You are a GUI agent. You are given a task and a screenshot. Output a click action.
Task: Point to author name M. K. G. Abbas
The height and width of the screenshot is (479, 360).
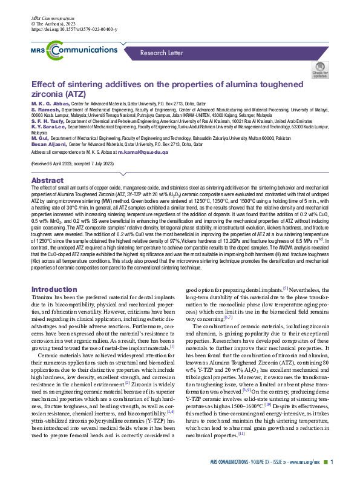click(47, 104)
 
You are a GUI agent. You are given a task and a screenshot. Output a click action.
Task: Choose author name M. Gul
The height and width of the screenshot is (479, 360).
click(40, 138)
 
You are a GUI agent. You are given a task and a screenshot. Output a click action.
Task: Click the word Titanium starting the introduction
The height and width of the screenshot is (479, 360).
click(45, 299)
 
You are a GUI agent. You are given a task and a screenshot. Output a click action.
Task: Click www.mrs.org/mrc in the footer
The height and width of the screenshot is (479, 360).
click(299, 462)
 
